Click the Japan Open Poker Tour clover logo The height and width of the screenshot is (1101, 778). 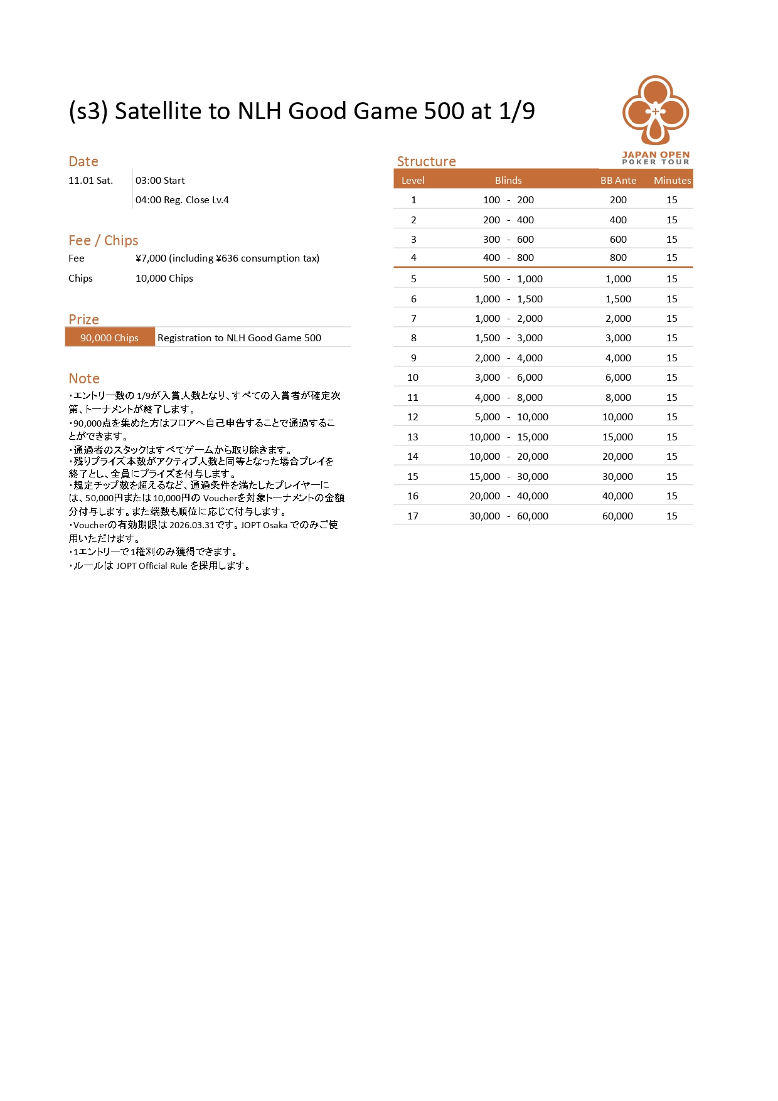[655, 112]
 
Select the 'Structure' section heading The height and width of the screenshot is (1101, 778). [426, 161]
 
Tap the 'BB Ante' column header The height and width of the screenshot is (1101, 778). [618, 181]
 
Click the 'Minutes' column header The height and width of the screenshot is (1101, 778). [672, 181]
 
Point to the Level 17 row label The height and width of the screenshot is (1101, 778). [413, 516]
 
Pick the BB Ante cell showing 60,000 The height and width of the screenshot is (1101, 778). [617, 516]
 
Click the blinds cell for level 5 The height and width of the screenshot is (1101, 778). [508, 279]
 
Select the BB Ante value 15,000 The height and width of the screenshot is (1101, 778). [617, 437]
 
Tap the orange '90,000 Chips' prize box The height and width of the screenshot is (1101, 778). [110, 338]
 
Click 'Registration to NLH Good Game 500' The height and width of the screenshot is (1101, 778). [239, 338]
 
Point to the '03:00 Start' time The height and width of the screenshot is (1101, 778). [160, 181]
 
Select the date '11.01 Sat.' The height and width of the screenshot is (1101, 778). [91, 181]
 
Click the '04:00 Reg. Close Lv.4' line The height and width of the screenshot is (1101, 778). [182, 200]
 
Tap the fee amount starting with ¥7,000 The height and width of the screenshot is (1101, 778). [227, 258]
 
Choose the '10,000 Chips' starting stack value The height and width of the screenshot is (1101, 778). [164, 279]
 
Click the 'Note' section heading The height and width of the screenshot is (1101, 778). [84, 378]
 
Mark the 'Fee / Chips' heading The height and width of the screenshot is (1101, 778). [104, 240]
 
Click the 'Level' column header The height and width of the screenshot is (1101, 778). [413, 181]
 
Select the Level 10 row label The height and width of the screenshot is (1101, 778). [413, 378]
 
